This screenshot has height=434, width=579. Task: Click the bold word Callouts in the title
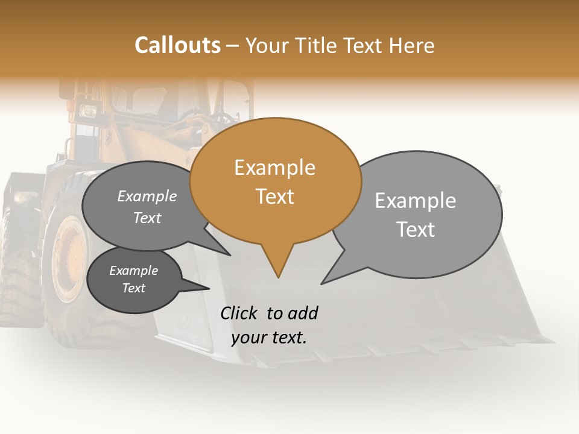point(177,45)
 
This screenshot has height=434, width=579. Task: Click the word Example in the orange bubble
point(275,168)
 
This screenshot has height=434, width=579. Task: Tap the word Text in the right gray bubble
point(416,230)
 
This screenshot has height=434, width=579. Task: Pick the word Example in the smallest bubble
point(134,271)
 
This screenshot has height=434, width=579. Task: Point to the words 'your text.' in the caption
point(269,338)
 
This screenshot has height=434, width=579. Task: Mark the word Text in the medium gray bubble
point(147,218)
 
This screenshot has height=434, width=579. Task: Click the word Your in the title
point(268,45)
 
